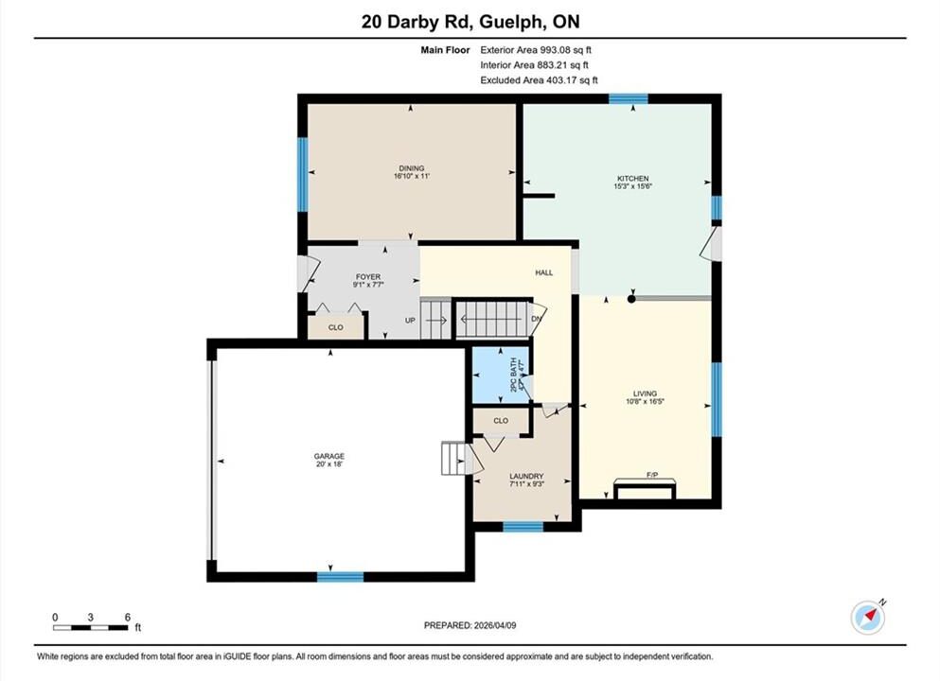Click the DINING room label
[411, 168]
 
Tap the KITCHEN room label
[633, 179]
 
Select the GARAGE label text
[329, 457]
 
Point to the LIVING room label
[645, 394]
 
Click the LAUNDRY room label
[526, 476]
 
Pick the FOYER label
[368, 277]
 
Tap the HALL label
[543, 272]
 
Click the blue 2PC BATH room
[501, 375]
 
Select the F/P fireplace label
[652, 475]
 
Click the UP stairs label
[410, 321]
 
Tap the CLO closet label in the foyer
[336, 327]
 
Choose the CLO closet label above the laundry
[501, 421]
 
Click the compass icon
[867, 618]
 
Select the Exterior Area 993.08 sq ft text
[536, 50]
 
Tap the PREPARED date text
[470, 625]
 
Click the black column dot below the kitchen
[631, 298]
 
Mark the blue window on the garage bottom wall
[341, 577]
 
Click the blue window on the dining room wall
[303, 174]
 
